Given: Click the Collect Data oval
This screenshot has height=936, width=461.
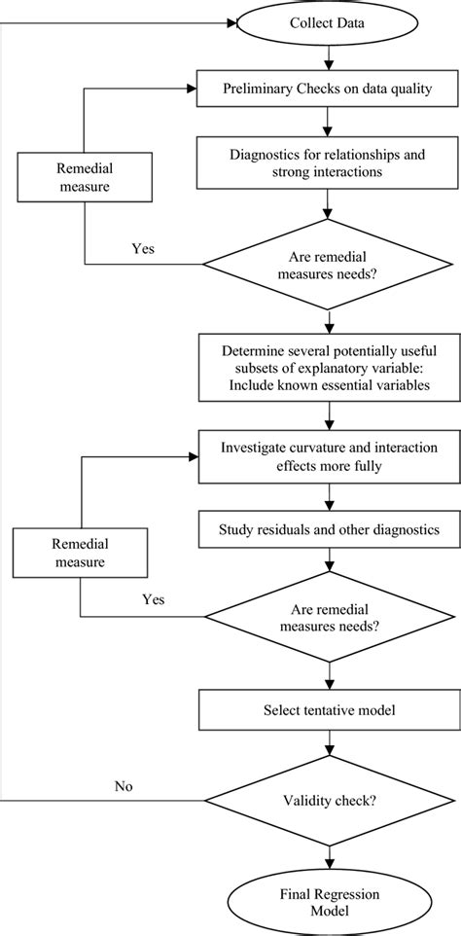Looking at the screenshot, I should (x=334, y=22).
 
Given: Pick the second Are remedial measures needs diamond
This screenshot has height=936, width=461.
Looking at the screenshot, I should (x=333, y=617).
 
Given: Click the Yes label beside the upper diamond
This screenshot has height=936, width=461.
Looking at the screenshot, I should (x=143, y=247).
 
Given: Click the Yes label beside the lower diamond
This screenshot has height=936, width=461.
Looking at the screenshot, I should (x=154, y=600).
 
